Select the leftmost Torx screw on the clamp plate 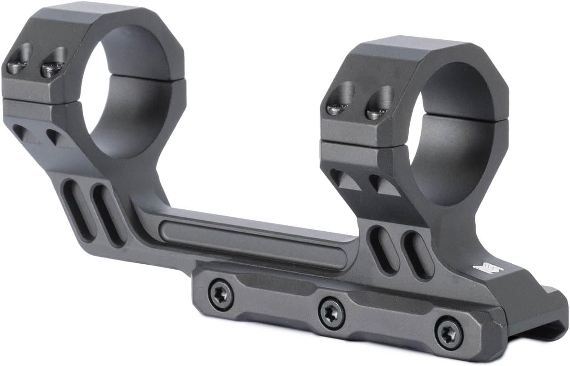[x=221, y=295]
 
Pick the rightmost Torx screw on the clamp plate [x=449, y=334]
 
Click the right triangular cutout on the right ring [x=383, y=185]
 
